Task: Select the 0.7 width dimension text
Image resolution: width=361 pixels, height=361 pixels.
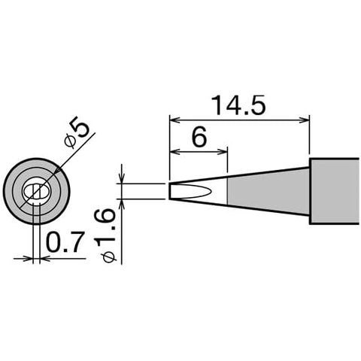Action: (62, 242)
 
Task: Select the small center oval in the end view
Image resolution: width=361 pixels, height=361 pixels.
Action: (36, 193)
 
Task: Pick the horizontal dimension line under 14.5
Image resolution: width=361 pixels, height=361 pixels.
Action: (240, 118)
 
